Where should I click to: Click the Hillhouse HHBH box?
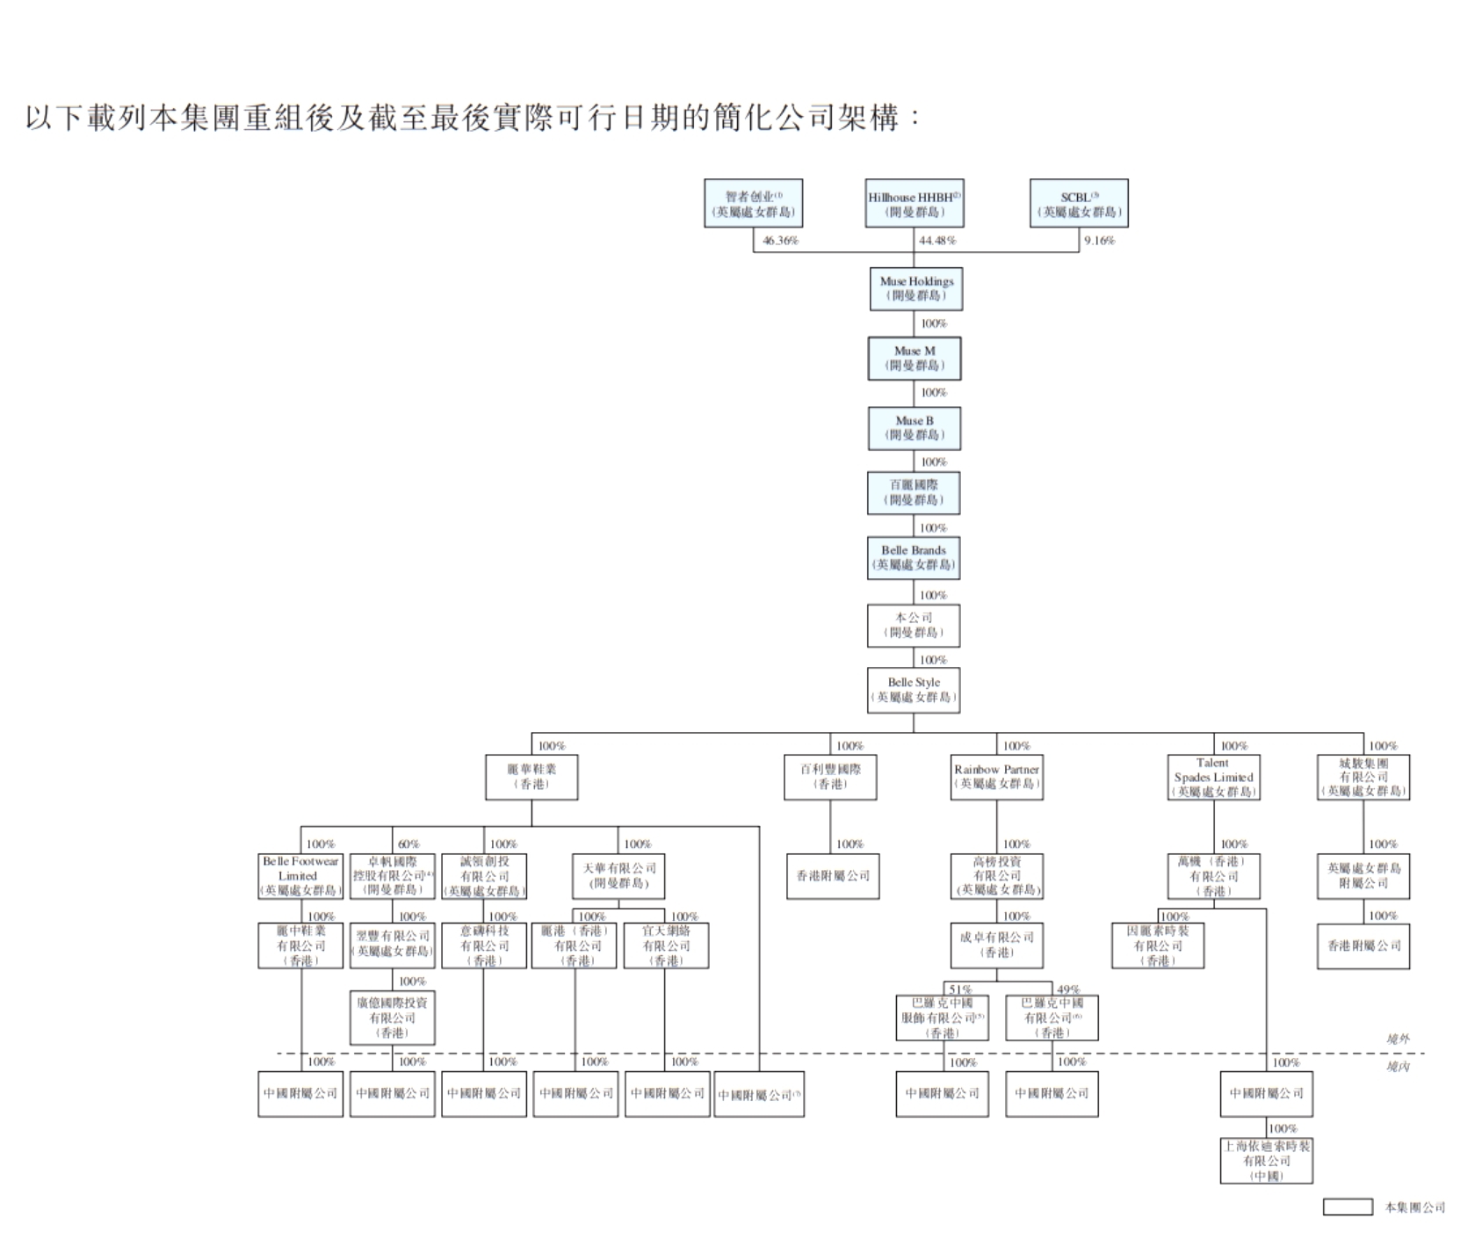[914, 204]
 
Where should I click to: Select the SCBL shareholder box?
[1079, 204]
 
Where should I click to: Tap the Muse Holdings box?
[916, 288]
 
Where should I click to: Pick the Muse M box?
[915, 358]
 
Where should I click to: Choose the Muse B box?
[915, 428]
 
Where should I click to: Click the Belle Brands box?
[914, 558]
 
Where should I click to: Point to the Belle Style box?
[914, 690]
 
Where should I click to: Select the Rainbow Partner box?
[996, 777]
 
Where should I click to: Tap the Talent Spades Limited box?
[1214, 777]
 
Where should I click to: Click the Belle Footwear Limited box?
[300, 876]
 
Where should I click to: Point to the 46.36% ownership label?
[780, 241]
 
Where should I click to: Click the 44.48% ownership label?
[937, 241]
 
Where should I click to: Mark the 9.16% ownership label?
[1099, 241]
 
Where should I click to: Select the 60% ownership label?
[408, 844]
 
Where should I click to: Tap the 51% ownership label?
[960, 989]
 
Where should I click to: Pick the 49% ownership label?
[1068, 989]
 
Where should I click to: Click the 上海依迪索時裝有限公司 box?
[1267, 1161]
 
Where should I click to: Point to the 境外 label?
[1398, 1040]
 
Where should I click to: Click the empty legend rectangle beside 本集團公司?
[1348, 1207]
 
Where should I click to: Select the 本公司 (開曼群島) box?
[914, 625]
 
